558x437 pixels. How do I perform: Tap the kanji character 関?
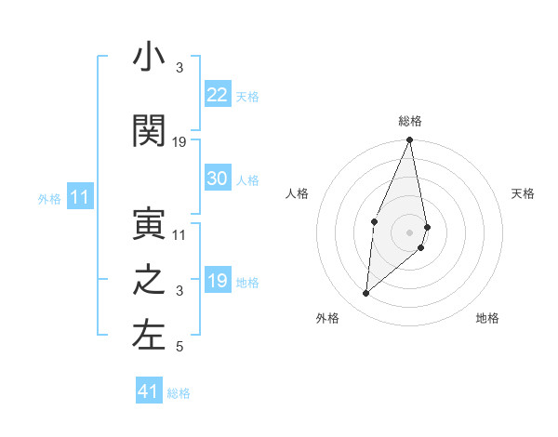click(x=149, y=132)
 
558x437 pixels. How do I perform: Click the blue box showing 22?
click(x=218, y=94)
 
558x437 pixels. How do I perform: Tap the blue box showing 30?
click(x=218, y=179)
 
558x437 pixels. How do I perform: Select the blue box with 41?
click(x=149, y=391)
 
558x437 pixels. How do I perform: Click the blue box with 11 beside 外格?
click(x=80, y=197)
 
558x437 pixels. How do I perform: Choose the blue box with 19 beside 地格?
click(x=218, y=281)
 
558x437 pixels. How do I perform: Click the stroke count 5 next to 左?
click(x=180, y=348)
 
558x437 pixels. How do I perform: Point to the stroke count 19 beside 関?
click(x=180, y=142)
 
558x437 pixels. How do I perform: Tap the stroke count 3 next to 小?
click(x=180, y=68)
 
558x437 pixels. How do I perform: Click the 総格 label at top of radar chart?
click(x=410, y=121)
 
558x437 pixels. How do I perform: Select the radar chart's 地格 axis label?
click(x=487, y=318)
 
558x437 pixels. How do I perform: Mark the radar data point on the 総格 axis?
click(x=409, y=140)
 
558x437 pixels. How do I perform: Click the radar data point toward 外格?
click(x=366, y=293)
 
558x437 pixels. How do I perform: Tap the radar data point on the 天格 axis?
click(x=427, y=226)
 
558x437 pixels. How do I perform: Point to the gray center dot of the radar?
click(x=409, y=232)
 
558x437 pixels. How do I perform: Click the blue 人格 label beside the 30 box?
click(x=247, y=179)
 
